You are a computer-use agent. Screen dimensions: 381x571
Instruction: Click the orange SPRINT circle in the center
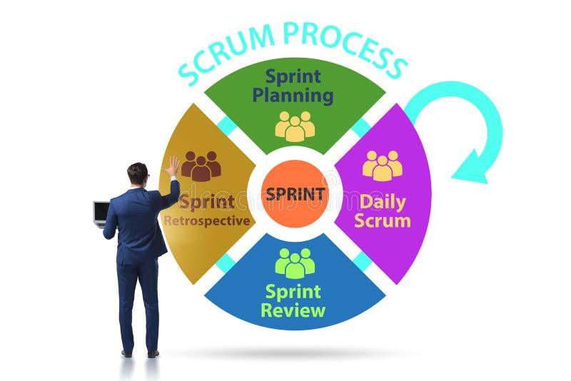[x=294, y=193]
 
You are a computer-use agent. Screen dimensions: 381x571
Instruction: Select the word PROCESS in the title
[x=343, y=43]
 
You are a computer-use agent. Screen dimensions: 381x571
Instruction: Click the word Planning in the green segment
[x=293, y=96]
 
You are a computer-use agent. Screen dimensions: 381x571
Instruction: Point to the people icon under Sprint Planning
[x=295, y=126]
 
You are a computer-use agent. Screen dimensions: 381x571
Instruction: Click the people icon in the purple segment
[x=382, y=166]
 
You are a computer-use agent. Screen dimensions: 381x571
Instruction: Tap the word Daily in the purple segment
[x=383, y=201]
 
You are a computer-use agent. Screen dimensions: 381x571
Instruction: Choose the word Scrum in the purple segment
[x=383, y=220]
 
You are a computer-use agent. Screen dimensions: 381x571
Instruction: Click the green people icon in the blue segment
[x=295, y=263]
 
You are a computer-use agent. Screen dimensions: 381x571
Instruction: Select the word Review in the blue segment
[x=293, y=310]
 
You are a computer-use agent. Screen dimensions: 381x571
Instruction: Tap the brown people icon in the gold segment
[x=201, y=166]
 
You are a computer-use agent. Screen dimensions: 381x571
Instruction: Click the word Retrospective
[x=207, y=220]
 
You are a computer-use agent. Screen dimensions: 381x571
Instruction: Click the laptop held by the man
[x=101, y=213]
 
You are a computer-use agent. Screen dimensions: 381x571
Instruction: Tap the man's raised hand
[x=172, y=167]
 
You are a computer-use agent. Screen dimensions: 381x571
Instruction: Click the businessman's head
[x=137, y=173]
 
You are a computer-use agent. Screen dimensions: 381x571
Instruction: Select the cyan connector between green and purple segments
[x=361, y=127]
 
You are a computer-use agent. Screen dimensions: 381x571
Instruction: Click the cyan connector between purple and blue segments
[x=362, y=260]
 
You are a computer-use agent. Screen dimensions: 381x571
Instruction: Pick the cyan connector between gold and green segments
[x=227, y=126]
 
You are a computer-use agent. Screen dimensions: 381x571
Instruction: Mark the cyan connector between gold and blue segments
[x=226, y=261]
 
